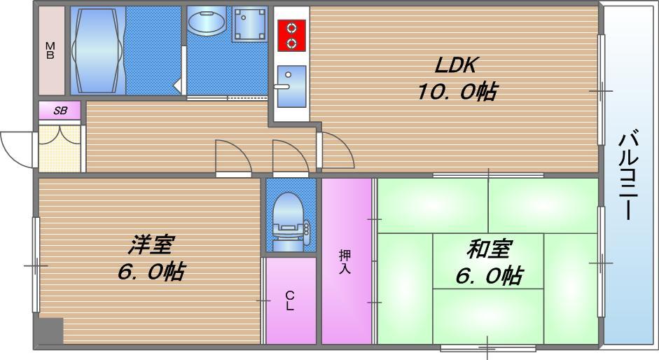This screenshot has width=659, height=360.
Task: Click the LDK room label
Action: pyautogui.click(x=456, y=66)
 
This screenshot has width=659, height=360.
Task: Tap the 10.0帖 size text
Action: pyautogui.click(x=457, y=92)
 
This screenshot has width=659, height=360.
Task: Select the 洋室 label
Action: pyautogui.click(x=151, y=245)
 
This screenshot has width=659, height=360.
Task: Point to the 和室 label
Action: pyautogui.click(x=489, y=248)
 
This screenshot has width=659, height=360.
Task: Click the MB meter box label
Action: pyautogui.click(x=50, y=51)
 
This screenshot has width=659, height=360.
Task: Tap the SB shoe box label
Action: pyautogui.click(x=60, y=111)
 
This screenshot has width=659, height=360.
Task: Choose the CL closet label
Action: pyautogui.click(x=290, y=301)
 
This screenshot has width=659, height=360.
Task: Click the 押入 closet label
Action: pyautogui.click(x=345, y=261)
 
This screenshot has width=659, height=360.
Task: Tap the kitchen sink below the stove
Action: pyautogui.click(x=291, y=85)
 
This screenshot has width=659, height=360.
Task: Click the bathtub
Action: pyautogui.click(x=98, y=50)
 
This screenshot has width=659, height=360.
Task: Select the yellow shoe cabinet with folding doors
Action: pyautogui.click(x=60, y=147)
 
